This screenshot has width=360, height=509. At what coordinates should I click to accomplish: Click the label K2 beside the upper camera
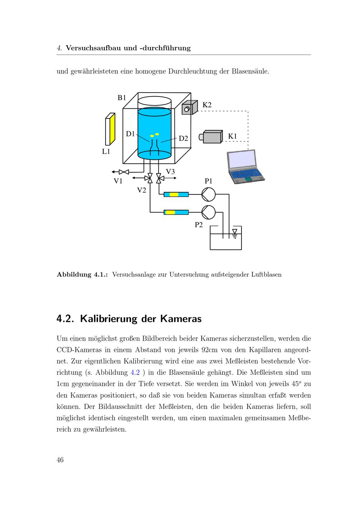tap(207, 105)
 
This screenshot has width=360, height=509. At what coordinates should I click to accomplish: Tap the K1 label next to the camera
tap(233, 136)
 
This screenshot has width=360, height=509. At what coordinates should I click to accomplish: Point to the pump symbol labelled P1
tap(208, 194)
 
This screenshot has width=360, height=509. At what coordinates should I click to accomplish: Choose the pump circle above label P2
tap(208, 212)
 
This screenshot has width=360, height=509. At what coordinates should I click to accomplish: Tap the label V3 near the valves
tap(170, 172)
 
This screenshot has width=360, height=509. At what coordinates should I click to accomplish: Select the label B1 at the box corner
tap(122, 98)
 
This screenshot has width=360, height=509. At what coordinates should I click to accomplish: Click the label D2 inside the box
tap(184, 139)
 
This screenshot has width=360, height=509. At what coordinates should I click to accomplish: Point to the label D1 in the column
tap(130, 134)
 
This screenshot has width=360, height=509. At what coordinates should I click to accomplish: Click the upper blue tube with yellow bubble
tap(176, 194)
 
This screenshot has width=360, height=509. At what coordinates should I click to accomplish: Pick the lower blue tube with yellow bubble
tap(176, 212)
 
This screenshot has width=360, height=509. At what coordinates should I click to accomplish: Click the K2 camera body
tap(190, 107)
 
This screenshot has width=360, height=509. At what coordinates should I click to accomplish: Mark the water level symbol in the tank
tap(235, 233)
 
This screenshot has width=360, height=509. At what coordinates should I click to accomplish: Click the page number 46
tap(60, 460)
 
